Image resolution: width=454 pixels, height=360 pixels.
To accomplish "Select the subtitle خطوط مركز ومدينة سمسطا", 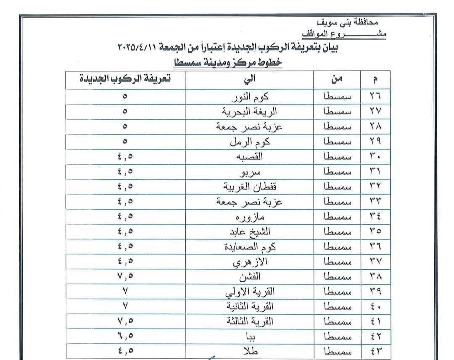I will tap(228, 63).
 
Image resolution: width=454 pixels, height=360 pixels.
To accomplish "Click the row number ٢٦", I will tap(375, 96).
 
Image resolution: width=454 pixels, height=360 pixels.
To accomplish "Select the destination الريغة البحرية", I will tap(250, 112).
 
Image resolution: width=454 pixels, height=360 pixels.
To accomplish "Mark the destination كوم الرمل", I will tap(250, 142).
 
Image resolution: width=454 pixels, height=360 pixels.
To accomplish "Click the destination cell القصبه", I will tap(250, 157).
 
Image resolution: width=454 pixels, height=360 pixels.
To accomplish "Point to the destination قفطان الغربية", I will tap(250, 187).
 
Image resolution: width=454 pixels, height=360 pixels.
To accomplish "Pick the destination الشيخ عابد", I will tap(250, 231).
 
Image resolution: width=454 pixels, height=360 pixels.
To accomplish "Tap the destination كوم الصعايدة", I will tap(250, 247).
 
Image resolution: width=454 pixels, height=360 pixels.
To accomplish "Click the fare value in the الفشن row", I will tap(125, 276).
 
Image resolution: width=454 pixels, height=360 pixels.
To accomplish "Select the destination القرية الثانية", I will tap(250, 306).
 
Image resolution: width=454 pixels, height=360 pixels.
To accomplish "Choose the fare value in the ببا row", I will tap(125, 336).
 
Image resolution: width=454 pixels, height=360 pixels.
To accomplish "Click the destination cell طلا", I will tap(250, 351).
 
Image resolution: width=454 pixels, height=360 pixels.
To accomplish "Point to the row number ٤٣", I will tap(375, 351).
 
